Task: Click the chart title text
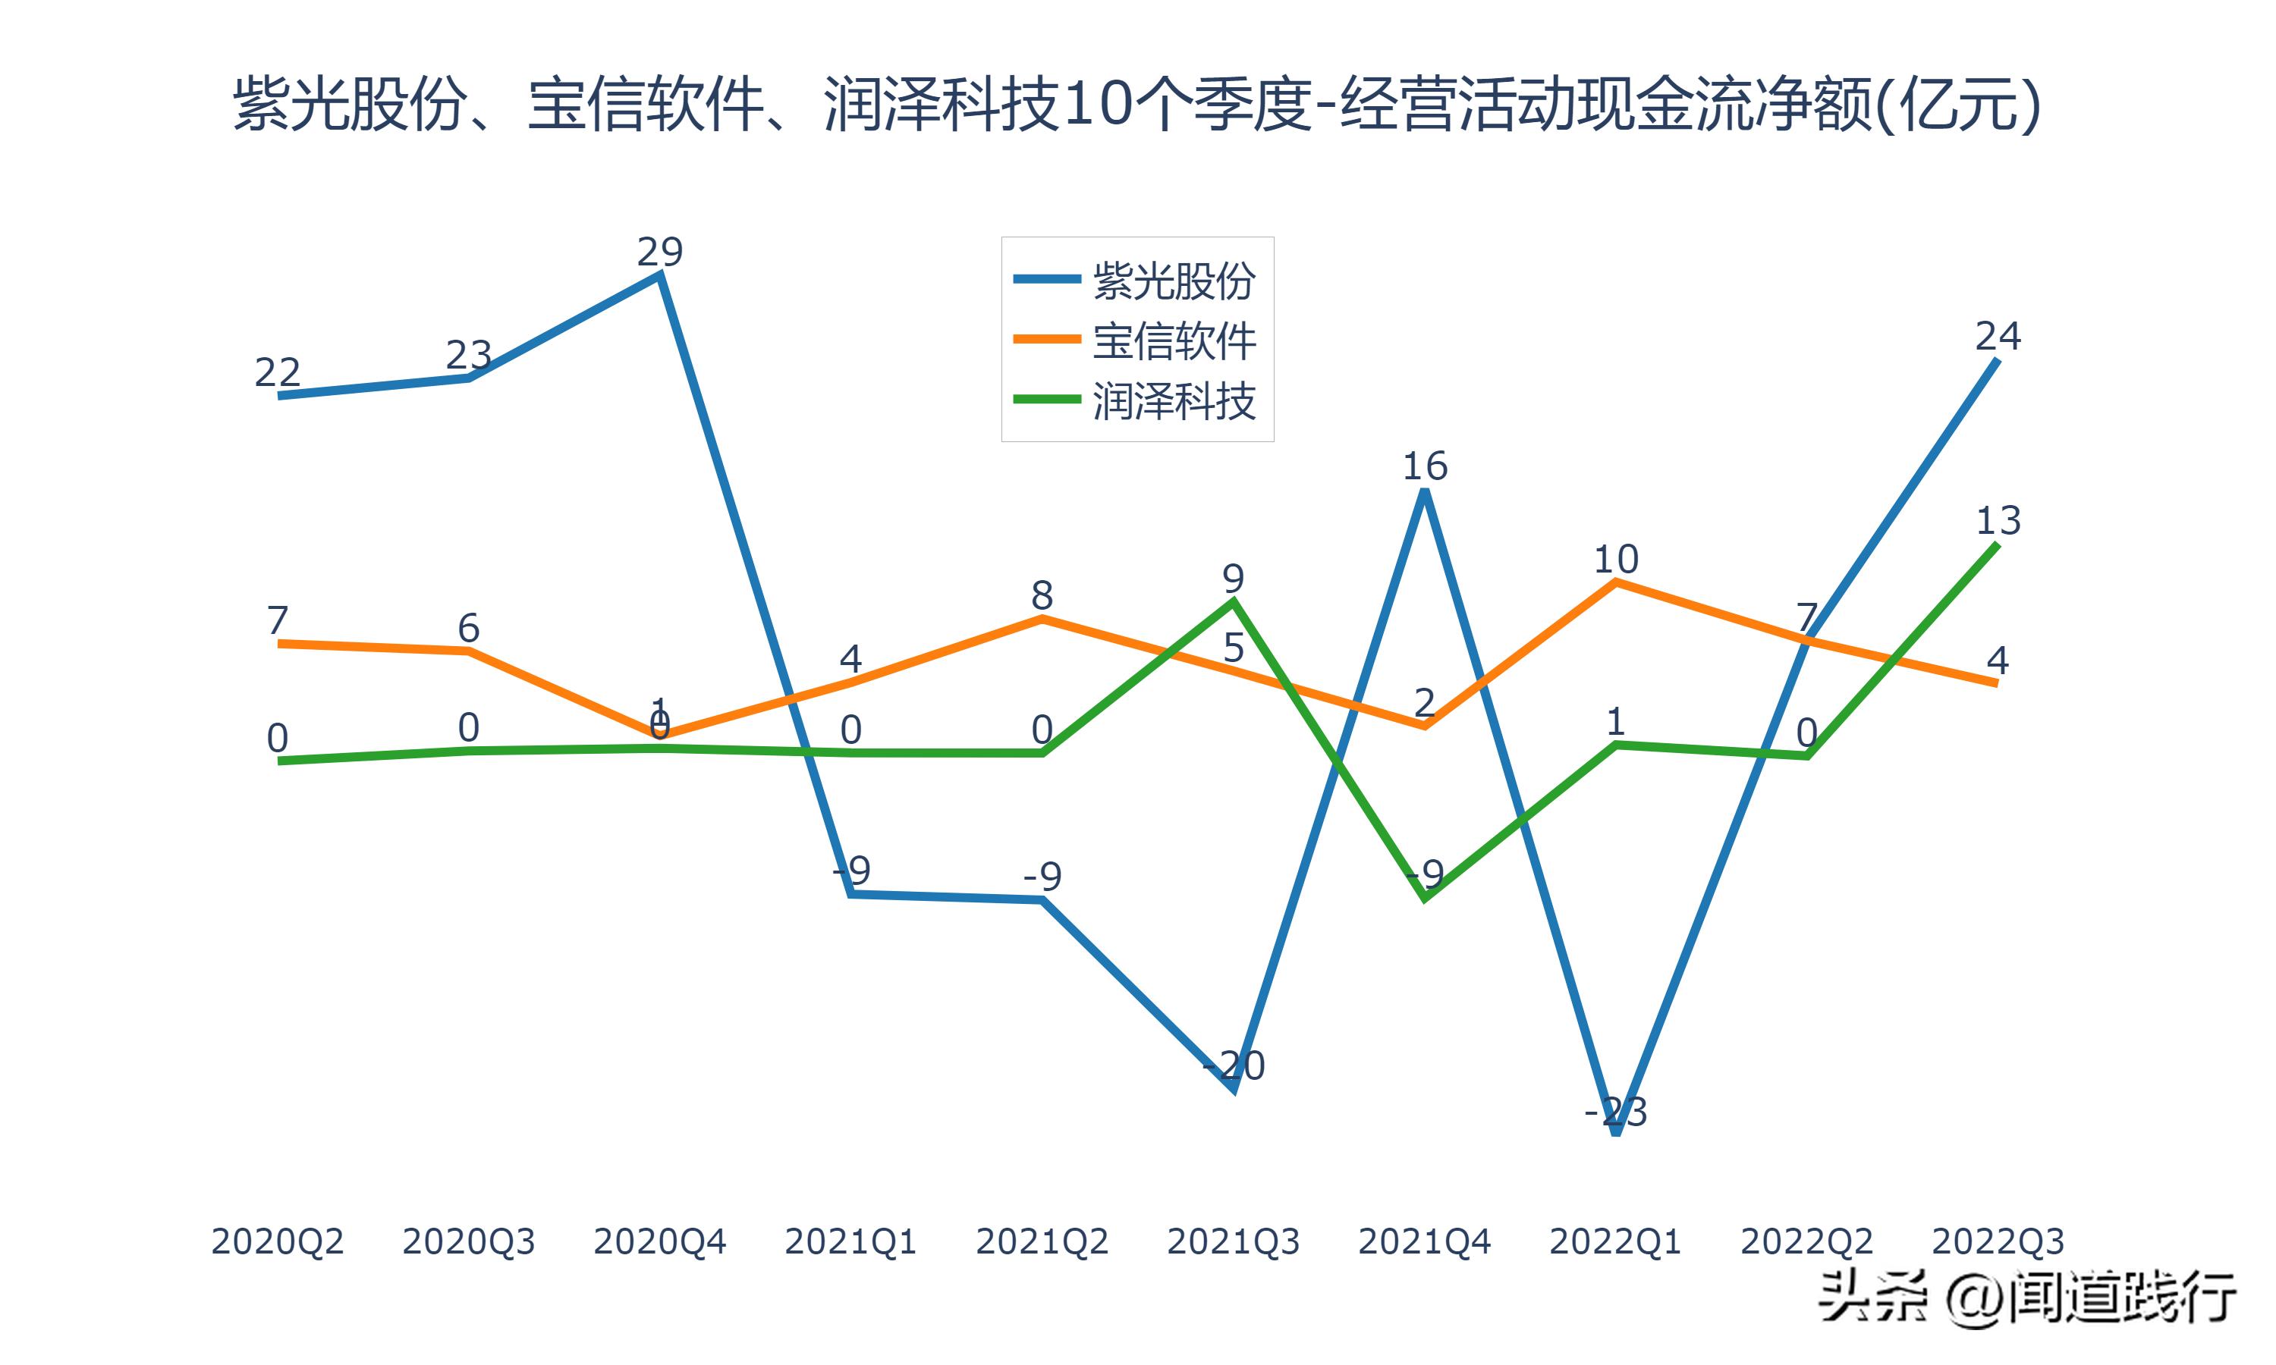tap(1137, 103)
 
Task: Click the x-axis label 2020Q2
tap(277, 1241)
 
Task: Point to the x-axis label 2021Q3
tap(1233, 1241)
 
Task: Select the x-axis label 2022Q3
tap(1998, 1241)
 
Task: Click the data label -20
tap(1234, 1065)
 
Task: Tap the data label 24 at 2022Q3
tap(1998, 337)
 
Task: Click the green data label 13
tap(1998, 522)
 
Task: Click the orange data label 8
tap(1042, 596)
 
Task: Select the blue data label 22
tap(277, 372)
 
